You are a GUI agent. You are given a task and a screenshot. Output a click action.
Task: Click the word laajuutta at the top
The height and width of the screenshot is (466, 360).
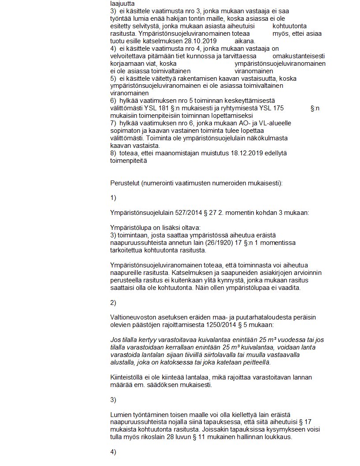pyautogui.click(x=123, y=3)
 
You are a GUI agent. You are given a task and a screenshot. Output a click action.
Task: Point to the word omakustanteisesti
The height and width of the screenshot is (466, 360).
pyautogui.click(x=299, y=56)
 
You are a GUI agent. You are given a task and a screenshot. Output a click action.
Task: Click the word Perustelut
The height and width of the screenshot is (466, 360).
pyautogui.click(x=125, y=183)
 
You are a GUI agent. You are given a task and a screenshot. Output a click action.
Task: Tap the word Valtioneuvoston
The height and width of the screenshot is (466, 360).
pyautogui.click(x=132, y=317)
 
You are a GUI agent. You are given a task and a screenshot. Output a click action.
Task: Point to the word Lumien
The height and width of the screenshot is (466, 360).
pyautogui.click(x=120, y=415)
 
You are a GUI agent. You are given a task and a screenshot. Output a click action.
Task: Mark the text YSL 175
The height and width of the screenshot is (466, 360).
pyautogui.click(x=272, y=108)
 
